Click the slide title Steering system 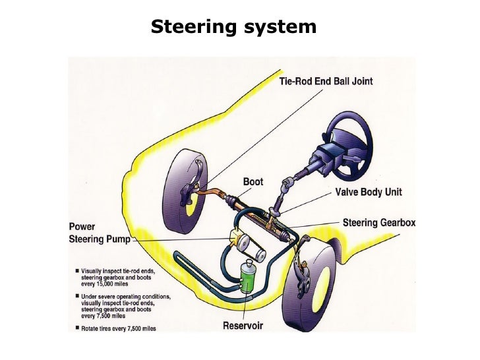click(233, 27)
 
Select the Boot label click(253, 181)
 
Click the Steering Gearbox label click(379, 223)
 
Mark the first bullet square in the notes click(77, 270)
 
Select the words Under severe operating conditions click(125, 296)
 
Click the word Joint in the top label click(360, 81)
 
